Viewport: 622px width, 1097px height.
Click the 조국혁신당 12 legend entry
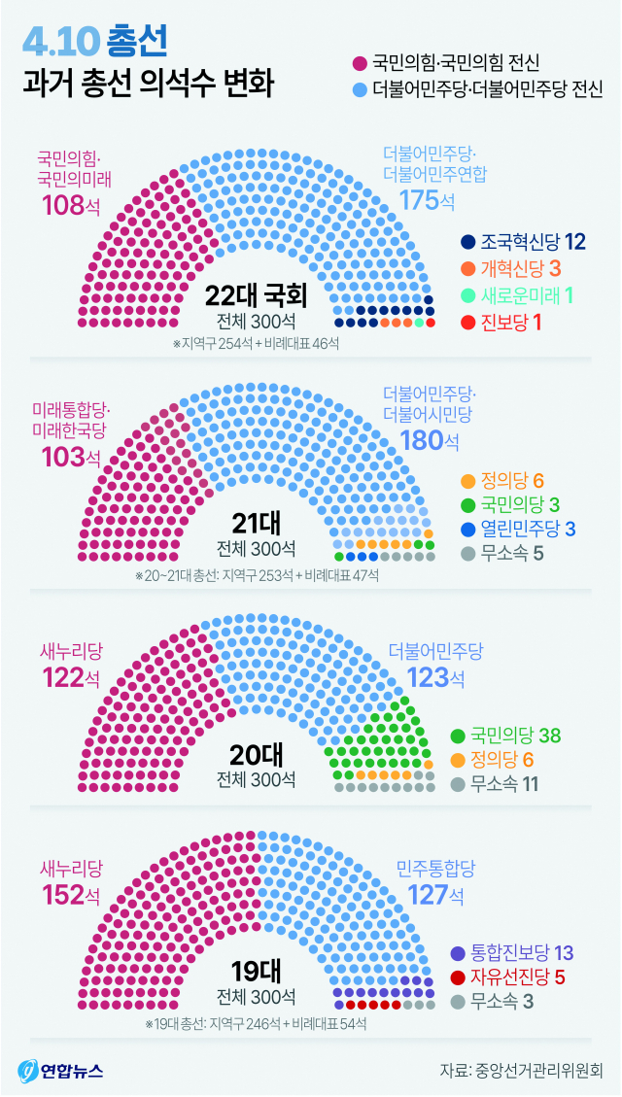[524, 242]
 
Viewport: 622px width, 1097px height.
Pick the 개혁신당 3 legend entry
[515, 268]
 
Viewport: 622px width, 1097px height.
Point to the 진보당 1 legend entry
[502, 322]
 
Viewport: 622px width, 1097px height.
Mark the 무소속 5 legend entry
[501, 557]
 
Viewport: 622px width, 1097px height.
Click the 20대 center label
[256, 755]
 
